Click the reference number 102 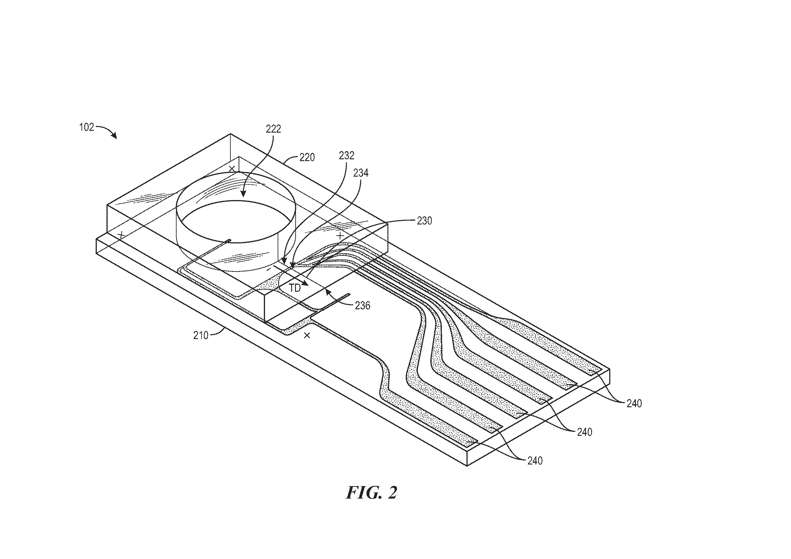pos(86,127)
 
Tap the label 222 pos(273,129)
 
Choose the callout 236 pos(362,305)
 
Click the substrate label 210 pos(201,335)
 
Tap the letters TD pos(295,288)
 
